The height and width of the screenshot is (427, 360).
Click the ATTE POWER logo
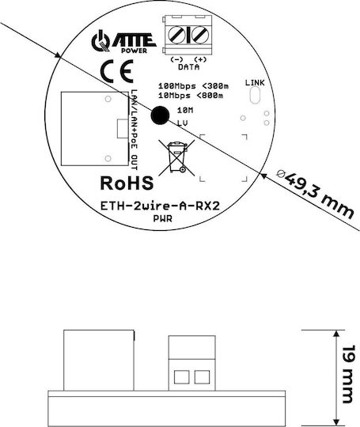coord(123,42)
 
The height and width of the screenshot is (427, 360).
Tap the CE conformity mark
coord(116,71)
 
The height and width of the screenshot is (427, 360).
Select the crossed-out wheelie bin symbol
coord(177,157)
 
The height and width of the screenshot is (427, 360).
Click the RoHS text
coord(127,183)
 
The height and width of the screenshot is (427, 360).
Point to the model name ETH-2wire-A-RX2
coord(160,206)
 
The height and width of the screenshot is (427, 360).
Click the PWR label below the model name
coord(163,219)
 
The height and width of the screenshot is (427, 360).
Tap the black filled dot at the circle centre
coord(160,115)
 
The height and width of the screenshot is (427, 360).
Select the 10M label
coord(185,110)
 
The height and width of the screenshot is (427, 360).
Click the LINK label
coord(255,82)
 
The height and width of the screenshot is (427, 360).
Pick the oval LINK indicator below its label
coord(255,95)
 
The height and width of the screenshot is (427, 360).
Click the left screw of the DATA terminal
coord(176,35)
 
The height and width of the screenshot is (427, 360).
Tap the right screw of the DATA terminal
coord(200,35)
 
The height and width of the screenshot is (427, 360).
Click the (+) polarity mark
coord(200,59)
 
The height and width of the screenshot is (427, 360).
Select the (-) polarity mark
coord(176,59)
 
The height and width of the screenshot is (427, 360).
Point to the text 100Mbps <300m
coord(194,86)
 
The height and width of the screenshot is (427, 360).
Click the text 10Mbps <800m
coord(191,96)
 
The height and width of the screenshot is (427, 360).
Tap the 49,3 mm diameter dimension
coord(316,195)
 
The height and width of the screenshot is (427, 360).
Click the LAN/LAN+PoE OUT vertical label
coord(134,130)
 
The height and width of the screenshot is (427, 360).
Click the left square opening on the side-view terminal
coord(181,377)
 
